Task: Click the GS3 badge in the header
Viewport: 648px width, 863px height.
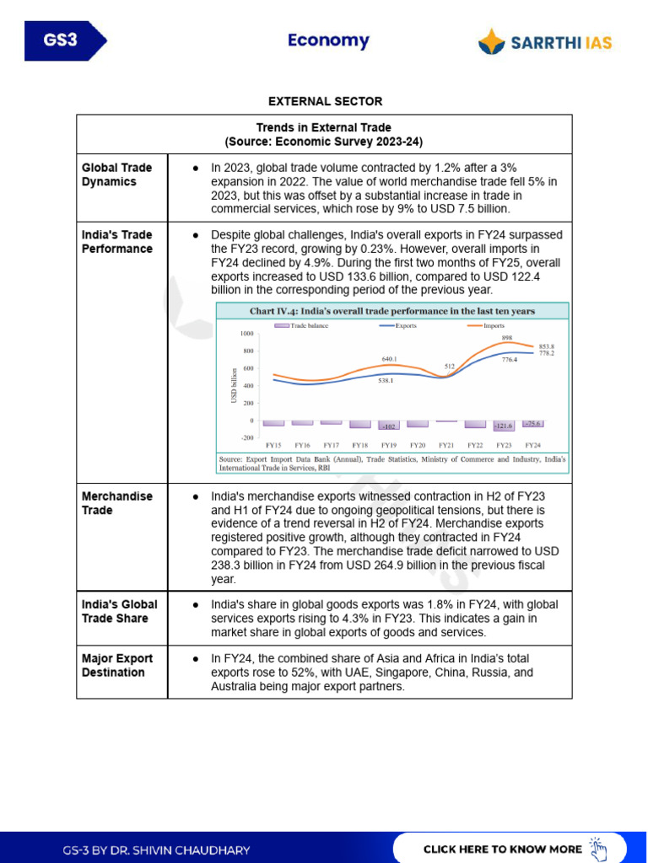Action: [61, 41]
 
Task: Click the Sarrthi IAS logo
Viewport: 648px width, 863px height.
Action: [545, 41]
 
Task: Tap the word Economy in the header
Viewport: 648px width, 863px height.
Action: [328, 40]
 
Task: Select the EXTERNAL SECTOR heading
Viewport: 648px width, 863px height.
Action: [325, 101]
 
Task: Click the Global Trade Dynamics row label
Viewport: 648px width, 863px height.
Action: [116, 174]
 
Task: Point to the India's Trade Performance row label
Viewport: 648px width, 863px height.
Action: [117, 242]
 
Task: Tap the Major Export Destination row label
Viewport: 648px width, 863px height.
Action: [117, 665]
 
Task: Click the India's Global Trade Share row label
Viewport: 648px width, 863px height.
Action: [119, 611]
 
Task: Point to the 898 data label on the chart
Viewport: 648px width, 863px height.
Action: [507, 337]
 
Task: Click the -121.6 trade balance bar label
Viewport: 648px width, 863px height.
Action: [505, 426]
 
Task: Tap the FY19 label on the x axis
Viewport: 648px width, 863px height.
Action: [388, 445]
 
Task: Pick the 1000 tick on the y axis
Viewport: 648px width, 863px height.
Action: [246, 335]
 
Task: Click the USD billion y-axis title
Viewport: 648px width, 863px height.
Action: [235, 385]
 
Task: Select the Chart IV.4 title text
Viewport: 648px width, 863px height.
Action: [391, 311]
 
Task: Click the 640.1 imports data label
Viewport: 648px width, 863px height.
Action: [389, 359]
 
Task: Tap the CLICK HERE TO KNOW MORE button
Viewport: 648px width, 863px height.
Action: [510, 848]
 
